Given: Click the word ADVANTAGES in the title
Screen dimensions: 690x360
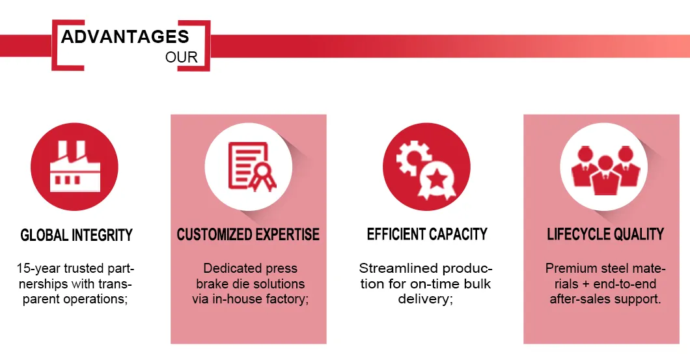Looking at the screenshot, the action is pos(125,37).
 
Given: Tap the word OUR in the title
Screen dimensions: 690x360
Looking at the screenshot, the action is pos(182,57).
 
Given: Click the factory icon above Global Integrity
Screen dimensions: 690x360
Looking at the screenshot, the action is pos(75,167).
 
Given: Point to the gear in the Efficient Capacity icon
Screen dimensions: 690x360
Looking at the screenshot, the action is pos(413,158).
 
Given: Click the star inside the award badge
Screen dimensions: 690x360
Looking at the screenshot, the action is pos(437,178).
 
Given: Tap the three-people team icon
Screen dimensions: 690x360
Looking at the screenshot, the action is pos(605,171).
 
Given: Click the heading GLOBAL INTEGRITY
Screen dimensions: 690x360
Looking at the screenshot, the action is pos(77,235).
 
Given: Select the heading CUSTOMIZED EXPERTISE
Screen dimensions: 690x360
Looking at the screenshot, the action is pos(248,234).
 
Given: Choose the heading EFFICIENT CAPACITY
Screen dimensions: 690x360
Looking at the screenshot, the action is pos(427,234).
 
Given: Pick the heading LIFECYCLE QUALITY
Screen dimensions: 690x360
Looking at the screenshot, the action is pos(605,234).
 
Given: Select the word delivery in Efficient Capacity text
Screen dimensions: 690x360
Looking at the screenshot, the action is pos(423,299).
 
